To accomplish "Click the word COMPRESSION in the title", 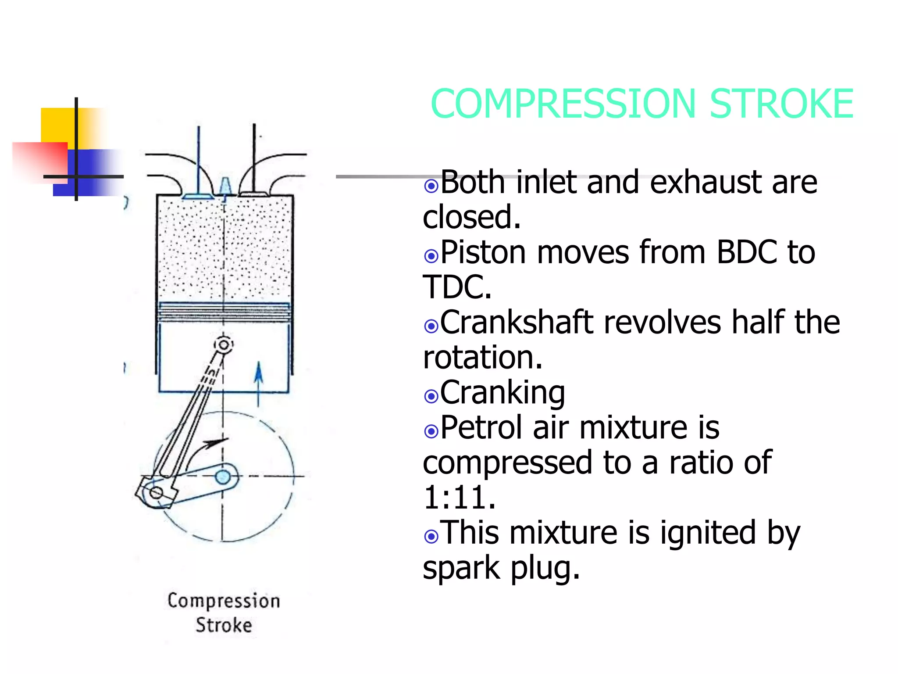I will [x=563, y=104].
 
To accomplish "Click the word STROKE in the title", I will [x=782, y=104].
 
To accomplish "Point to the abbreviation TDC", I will [x=456, y=287].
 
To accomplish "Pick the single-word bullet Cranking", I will [x=502, y=393].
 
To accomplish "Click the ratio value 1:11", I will [x=459, y=498].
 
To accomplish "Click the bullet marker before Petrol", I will [x=431, y=431].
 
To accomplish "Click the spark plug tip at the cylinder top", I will [x=225, y=187].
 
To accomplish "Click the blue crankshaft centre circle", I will [x=223, y=477].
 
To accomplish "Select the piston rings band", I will [x=224, y=312].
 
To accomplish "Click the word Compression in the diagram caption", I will [x=224, y=601].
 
